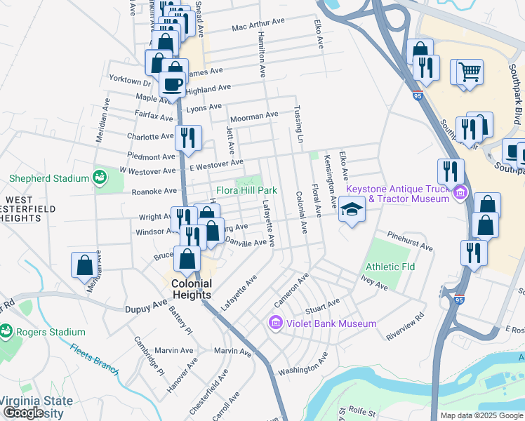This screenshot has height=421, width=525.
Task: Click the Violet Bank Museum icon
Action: coord(276,323)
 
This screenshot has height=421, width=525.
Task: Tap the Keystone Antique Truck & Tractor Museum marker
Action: coord(460,192)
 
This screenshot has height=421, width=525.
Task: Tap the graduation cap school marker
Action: coord(352,209)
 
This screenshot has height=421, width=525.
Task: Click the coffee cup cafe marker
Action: coord(172,84)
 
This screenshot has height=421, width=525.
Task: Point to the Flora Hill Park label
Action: coord(246,190)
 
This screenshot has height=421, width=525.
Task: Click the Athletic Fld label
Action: coord(390,267)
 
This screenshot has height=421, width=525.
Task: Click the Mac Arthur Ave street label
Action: coord(258,25)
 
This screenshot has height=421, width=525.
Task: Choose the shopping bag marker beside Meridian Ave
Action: coord(84,265)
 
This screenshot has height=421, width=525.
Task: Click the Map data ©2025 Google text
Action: coord(481,415)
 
